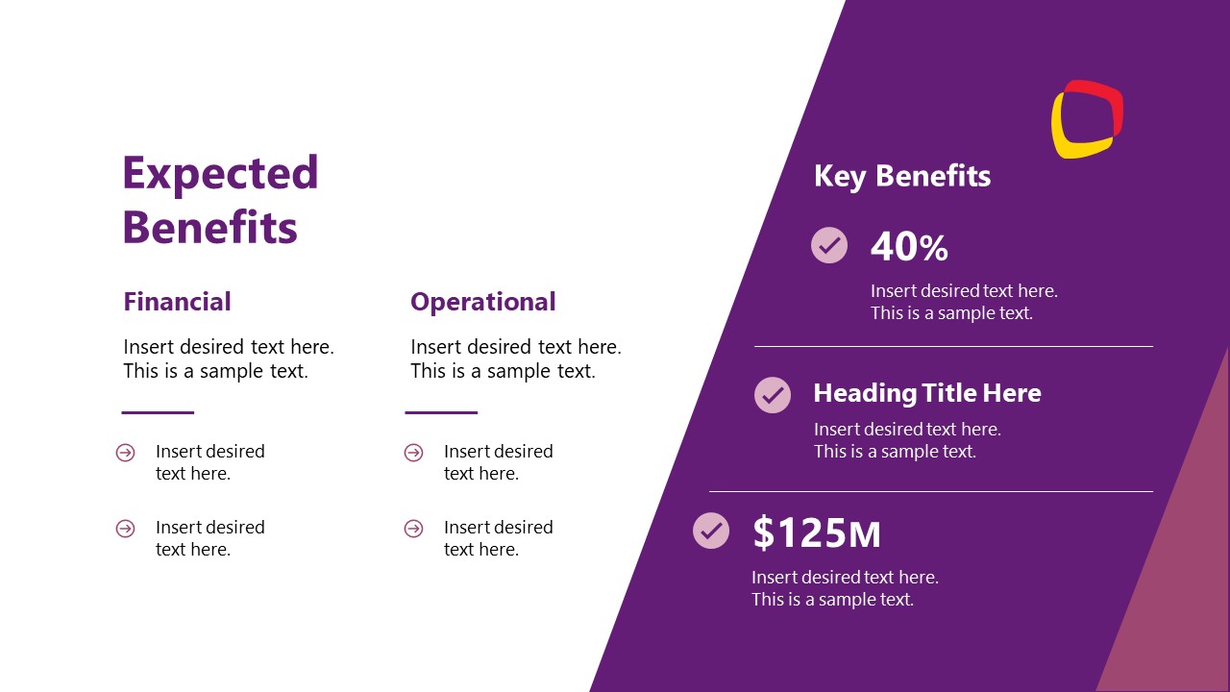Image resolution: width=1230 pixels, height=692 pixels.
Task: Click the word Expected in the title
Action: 220,174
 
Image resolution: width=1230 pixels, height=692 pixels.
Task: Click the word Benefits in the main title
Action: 209,229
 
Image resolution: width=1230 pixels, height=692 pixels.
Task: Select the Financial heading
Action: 177,302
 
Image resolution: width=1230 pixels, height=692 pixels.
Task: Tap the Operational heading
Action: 482,302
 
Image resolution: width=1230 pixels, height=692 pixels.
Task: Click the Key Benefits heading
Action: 901,176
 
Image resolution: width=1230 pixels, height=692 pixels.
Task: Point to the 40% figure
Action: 909,248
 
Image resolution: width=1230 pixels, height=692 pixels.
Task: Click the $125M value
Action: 816,532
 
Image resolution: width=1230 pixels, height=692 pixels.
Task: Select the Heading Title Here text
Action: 926,393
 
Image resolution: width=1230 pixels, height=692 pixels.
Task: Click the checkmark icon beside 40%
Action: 829,245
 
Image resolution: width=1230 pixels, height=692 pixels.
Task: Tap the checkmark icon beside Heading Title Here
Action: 773,394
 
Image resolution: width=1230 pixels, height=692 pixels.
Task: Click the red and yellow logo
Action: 1087,119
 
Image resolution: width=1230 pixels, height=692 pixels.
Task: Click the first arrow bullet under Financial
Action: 125,453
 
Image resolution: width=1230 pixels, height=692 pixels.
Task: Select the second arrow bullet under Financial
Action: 125,529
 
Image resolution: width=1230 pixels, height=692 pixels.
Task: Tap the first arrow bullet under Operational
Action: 413,453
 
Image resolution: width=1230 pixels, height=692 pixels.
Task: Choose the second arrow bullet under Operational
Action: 413,529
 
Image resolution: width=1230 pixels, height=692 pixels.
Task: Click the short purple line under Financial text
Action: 158,412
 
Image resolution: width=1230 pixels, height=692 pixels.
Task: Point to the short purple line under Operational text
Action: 441,412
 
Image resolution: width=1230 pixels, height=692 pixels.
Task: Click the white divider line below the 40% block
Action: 952,346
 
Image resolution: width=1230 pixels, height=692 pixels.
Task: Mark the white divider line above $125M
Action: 930,491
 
